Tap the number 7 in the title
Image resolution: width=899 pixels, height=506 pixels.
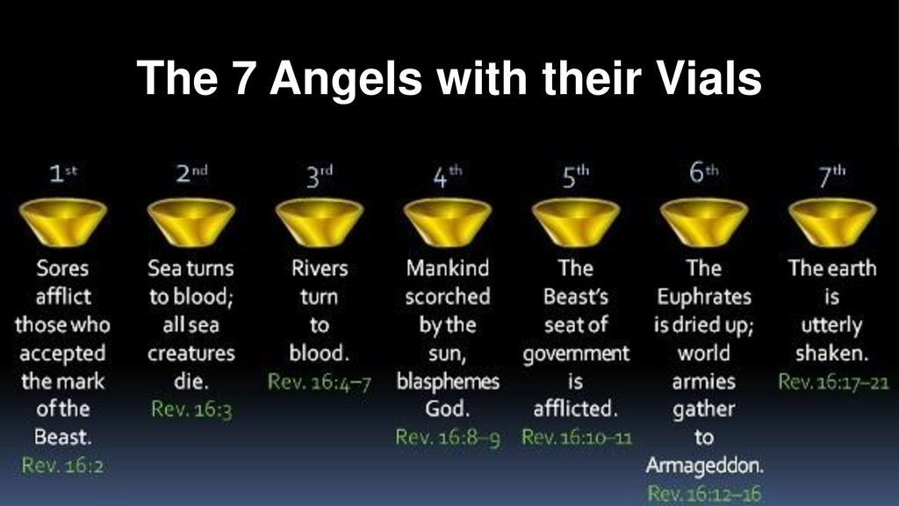pos(243,77)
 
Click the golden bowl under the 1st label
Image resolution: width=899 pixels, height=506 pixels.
pos(63,222)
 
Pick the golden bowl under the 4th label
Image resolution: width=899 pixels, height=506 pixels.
pos(448,222)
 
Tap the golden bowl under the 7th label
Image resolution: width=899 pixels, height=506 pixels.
pos(832,222)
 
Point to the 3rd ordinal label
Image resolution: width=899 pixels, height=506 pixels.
pos(320,176)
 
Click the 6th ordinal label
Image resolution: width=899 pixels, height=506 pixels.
pos(704,172)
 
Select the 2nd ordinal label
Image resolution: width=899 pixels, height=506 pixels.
pos(191,173)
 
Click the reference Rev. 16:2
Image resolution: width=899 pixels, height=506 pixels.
pos(63,466)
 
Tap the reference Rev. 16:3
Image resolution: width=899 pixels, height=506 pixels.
pos(191,409)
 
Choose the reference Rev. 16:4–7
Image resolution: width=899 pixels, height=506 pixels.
pos(320,381)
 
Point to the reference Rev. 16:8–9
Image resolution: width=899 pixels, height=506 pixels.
pos(448,437)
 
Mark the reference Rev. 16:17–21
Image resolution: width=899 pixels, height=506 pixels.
pos(833,381)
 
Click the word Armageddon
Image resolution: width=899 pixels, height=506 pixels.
pos(705,466)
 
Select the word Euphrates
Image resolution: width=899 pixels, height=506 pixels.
pos(704,297)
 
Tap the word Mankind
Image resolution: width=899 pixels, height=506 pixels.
pos(448,269)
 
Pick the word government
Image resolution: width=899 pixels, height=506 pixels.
pos(576,354)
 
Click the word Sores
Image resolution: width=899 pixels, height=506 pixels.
pos(63,269)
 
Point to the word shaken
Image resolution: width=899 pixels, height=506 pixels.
pos(832,353)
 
